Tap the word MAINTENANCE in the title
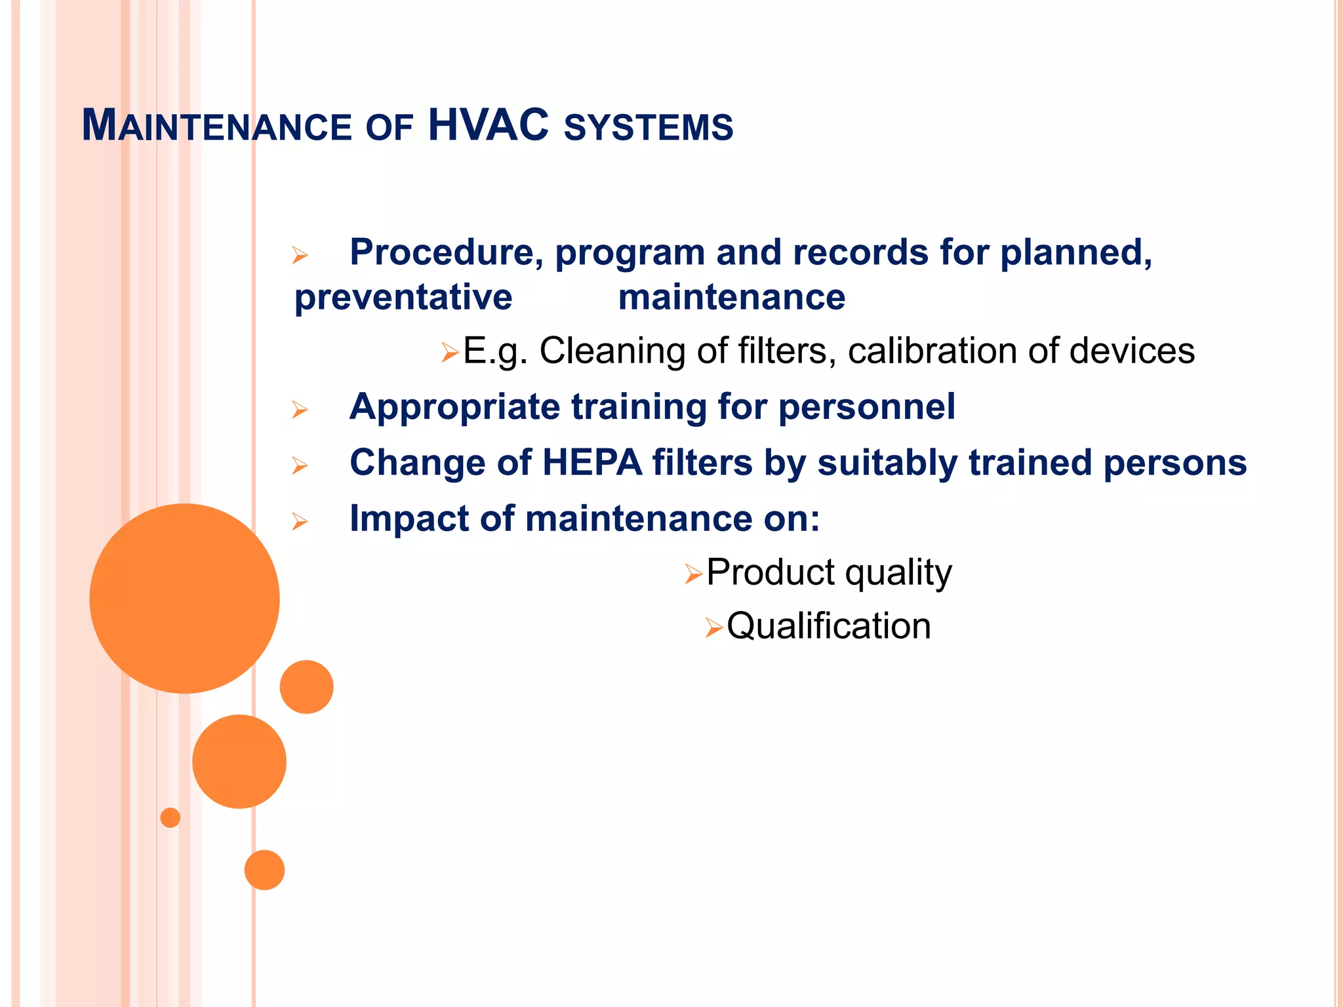coord(217,126)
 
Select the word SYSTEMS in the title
coord(648,127)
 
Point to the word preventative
coord(403,298)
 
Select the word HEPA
coord(591,463)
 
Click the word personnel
coord(866,407)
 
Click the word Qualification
coord(828,626)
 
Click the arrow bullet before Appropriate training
coord(300,410)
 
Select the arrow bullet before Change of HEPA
coord(300,466)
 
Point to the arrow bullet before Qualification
coord(713,629)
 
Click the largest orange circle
coord(184,598)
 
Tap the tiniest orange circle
coord(170,818)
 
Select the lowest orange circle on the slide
coord(264,870)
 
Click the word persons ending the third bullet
coord(1174,463)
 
